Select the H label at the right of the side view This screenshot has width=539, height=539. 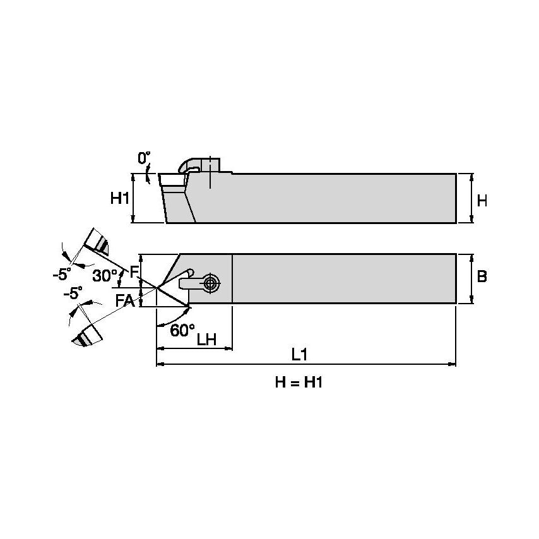pos(482,201)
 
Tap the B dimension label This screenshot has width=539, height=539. pos(482,276)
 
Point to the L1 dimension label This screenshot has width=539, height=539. pos(299,355)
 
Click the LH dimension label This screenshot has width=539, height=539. pos(206,339)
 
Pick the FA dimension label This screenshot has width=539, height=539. pos(124,300)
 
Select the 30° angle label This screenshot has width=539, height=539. pos(104,276)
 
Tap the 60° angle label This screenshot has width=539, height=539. pos(182,329)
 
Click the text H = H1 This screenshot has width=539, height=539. pos(299,383)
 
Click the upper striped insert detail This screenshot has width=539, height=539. pos(97,240)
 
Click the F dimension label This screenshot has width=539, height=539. pos(133,273)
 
